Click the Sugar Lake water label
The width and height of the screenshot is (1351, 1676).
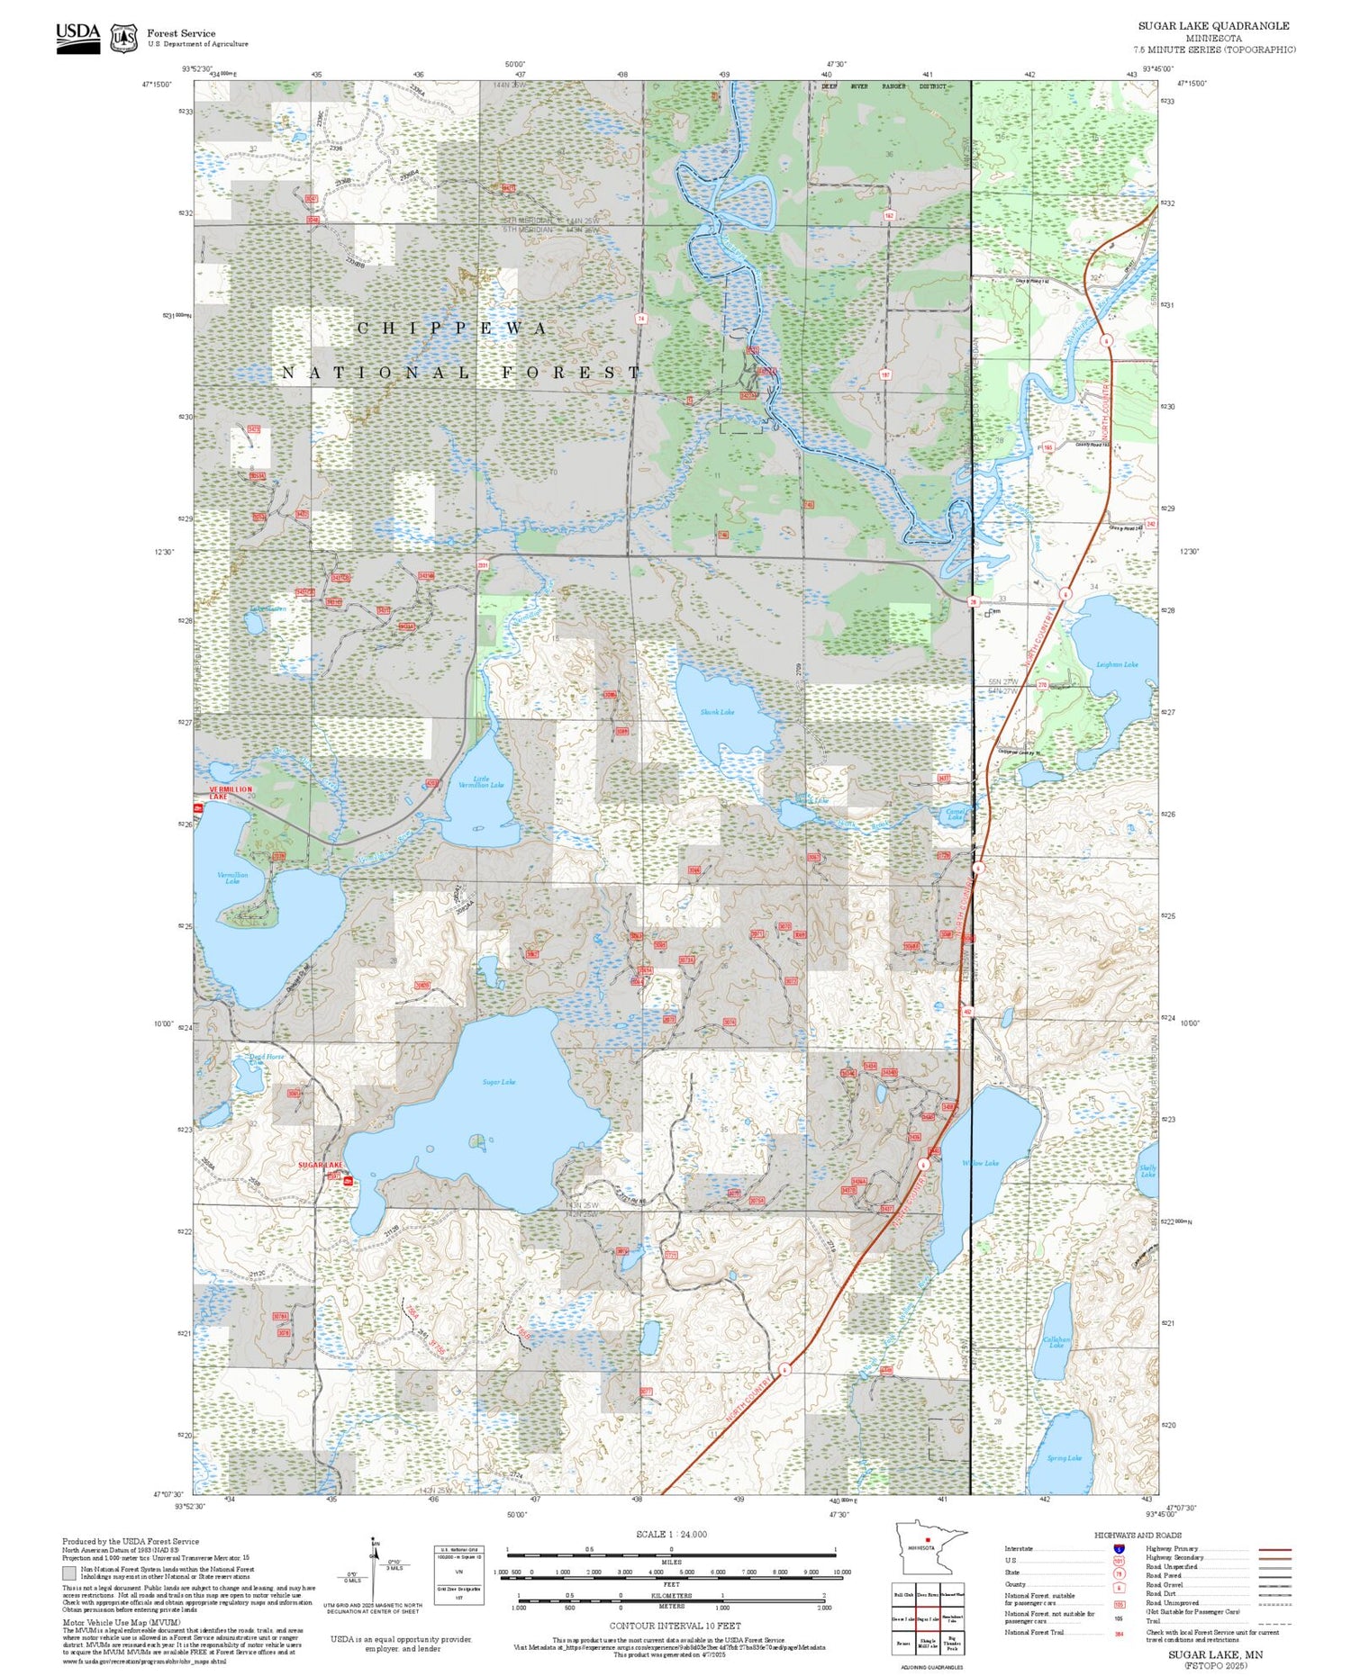click(x=498, y=1082)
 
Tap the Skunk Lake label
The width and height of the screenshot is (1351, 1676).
click(x=717, y=712)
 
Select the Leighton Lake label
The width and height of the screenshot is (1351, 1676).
click(x=1117, y=664)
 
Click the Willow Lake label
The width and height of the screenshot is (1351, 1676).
click(x=980, y=1163)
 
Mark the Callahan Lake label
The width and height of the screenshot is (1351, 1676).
click(x=1056, y=1342)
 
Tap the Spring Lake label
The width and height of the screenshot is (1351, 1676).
click(x=1065, y=1458)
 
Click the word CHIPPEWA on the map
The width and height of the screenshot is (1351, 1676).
click(x=452, y=329)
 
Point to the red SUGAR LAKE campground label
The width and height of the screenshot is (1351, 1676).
click(x=321, y=1165)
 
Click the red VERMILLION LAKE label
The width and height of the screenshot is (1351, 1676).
click(x=231, y=792)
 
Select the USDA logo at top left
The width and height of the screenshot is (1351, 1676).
click(x=77, y=37)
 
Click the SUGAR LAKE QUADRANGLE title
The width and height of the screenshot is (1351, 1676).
click(x=1213, y=26)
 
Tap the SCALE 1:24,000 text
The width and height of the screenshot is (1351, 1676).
click(x=671, y=1535)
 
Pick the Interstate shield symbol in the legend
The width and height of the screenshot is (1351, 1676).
click(x=1119, y=1549)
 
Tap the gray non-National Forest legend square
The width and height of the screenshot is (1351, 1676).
click(x=69, y=1572)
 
